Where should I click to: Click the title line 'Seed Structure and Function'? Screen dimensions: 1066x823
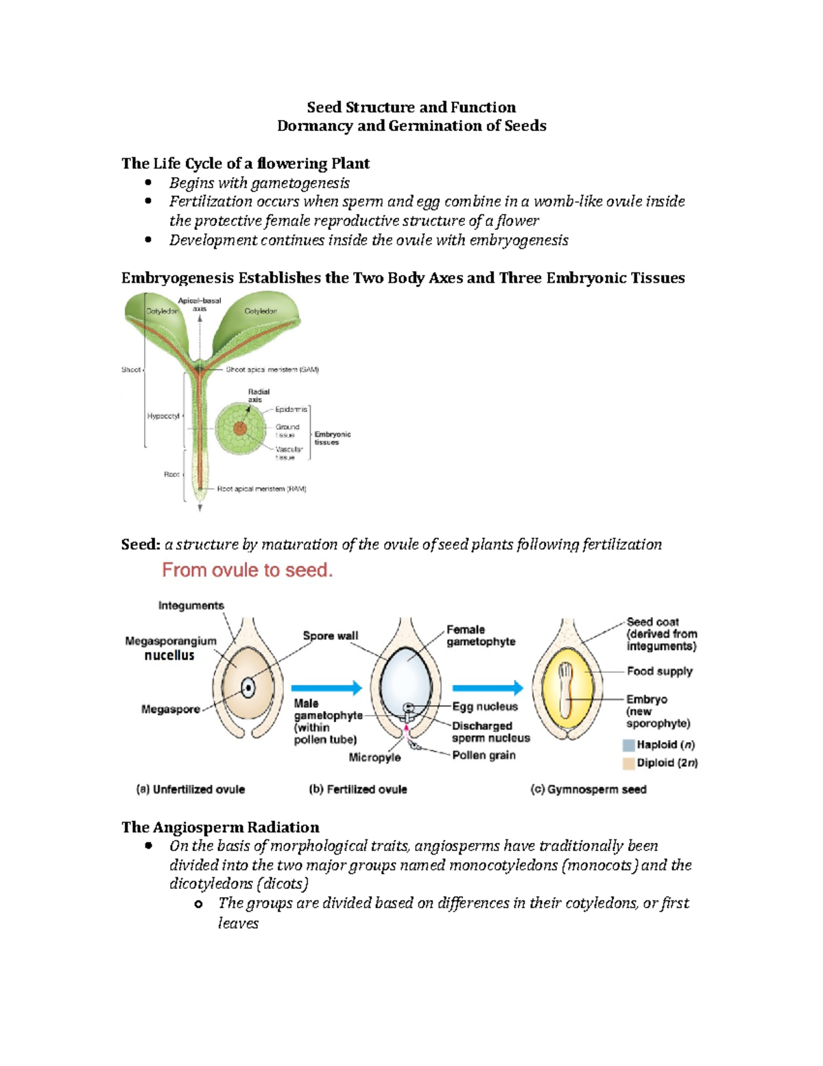click(411, 107)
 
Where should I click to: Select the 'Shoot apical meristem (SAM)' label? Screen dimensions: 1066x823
click(272, 369)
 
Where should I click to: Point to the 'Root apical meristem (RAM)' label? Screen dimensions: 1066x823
click(261, 489)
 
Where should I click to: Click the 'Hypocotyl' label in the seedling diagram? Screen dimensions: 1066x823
click(163, 416)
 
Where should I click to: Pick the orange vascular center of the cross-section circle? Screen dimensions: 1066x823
click(239, 429)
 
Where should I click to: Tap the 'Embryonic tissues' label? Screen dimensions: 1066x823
click(332, 438)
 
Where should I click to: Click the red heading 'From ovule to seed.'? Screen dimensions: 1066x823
click(247, 570)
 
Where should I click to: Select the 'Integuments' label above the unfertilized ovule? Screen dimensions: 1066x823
click(191, 605)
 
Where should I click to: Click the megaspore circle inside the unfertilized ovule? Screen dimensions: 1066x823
click(248, 688)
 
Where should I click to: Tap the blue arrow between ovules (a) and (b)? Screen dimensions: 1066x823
click(326, 687)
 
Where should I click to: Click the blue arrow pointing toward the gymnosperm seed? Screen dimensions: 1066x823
click(487, 687)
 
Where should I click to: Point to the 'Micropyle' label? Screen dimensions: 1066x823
click(374, 758)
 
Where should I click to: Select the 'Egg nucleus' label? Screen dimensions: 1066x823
click(484, 706)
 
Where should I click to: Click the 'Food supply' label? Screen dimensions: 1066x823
click(659, 671)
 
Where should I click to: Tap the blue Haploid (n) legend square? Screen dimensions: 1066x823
click(628, 745)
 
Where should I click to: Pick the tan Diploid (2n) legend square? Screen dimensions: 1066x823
click(628, 763)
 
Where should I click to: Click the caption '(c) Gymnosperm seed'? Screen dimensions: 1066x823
click(588, 789)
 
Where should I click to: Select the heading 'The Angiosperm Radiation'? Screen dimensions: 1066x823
click(220, 827)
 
